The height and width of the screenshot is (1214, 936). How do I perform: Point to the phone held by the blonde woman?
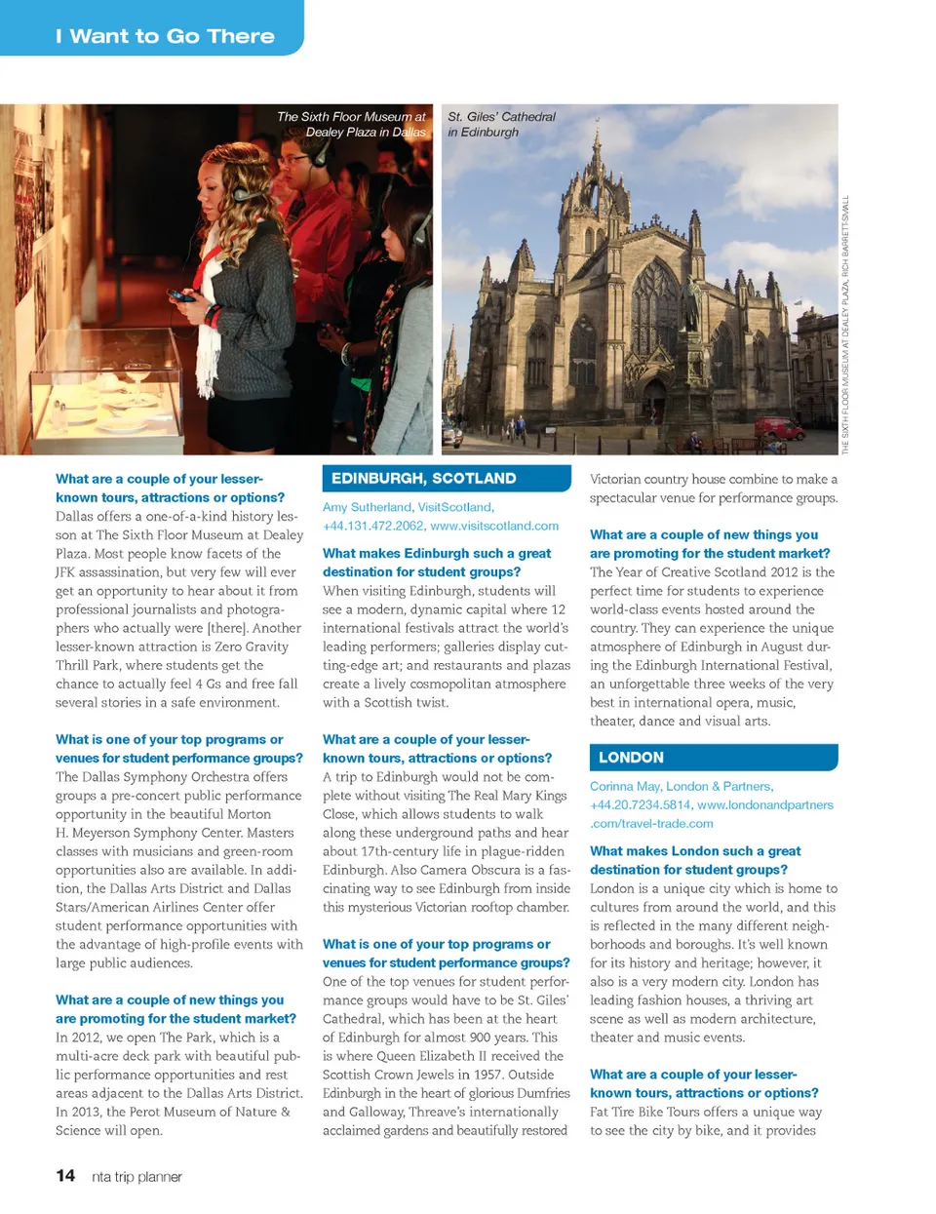tap(179, 295)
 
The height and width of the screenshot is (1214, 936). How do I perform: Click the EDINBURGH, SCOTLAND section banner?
tap(446, 479)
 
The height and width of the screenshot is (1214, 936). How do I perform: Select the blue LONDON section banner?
tap(713, 758)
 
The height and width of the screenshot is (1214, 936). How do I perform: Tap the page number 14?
tap(65, 1176)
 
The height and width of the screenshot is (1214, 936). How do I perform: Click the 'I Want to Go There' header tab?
tap(165, 36)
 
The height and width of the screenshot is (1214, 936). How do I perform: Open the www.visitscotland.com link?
tap(494, 526)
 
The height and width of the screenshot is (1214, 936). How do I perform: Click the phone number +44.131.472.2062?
tap(373, 526)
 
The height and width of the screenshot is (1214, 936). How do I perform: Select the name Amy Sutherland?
tap(367, 507)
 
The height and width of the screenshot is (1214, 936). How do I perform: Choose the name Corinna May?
tap(625, 786)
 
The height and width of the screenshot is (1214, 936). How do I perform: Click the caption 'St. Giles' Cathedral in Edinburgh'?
tap(501, 124)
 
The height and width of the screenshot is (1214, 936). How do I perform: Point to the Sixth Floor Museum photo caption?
tap(352, 124)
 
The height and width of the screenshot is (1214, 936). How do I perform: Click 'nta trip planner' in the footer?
tap(136, 1177)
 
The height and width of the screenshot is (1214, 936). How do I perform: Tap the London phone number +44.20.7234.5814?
tap(640, 804)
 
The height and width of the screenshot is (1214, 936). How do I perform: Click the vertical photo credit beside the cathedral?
tap(845, 325)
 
